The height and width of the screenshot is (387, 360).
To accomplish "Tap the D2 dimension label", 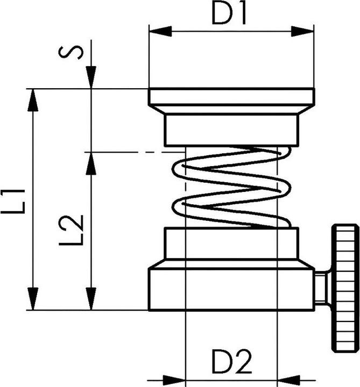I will [x=231, y=363].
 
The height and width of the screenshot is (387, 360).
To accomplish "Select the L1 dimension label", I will [x=13, y=200].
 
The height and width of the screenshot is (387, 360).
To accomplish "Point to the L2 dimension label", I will [x=71, y=230].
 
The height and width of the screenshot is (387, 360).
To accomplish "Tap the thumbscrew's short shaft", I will [x=321, y=288].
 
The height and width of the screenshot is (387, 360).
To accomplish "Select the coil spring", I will [x=231, y=186].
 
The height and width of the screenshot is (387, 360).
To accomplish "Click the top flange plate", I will [x=231, y=97].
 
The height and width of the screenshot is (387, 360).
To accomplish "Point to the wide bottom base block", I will [x=231, y=289].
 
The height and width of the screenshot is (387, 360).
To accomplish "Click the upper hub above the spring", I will [x=231, y=129].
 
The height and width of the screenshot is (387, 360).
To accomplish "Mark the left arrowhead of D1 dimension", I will [x=156, y=32].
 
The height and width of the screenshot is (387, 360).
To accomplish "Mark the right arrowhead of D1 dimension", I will [x=306, y=32].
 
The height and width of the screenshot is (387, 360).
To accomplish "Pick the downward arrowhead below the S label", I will [x=90, y=77].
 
